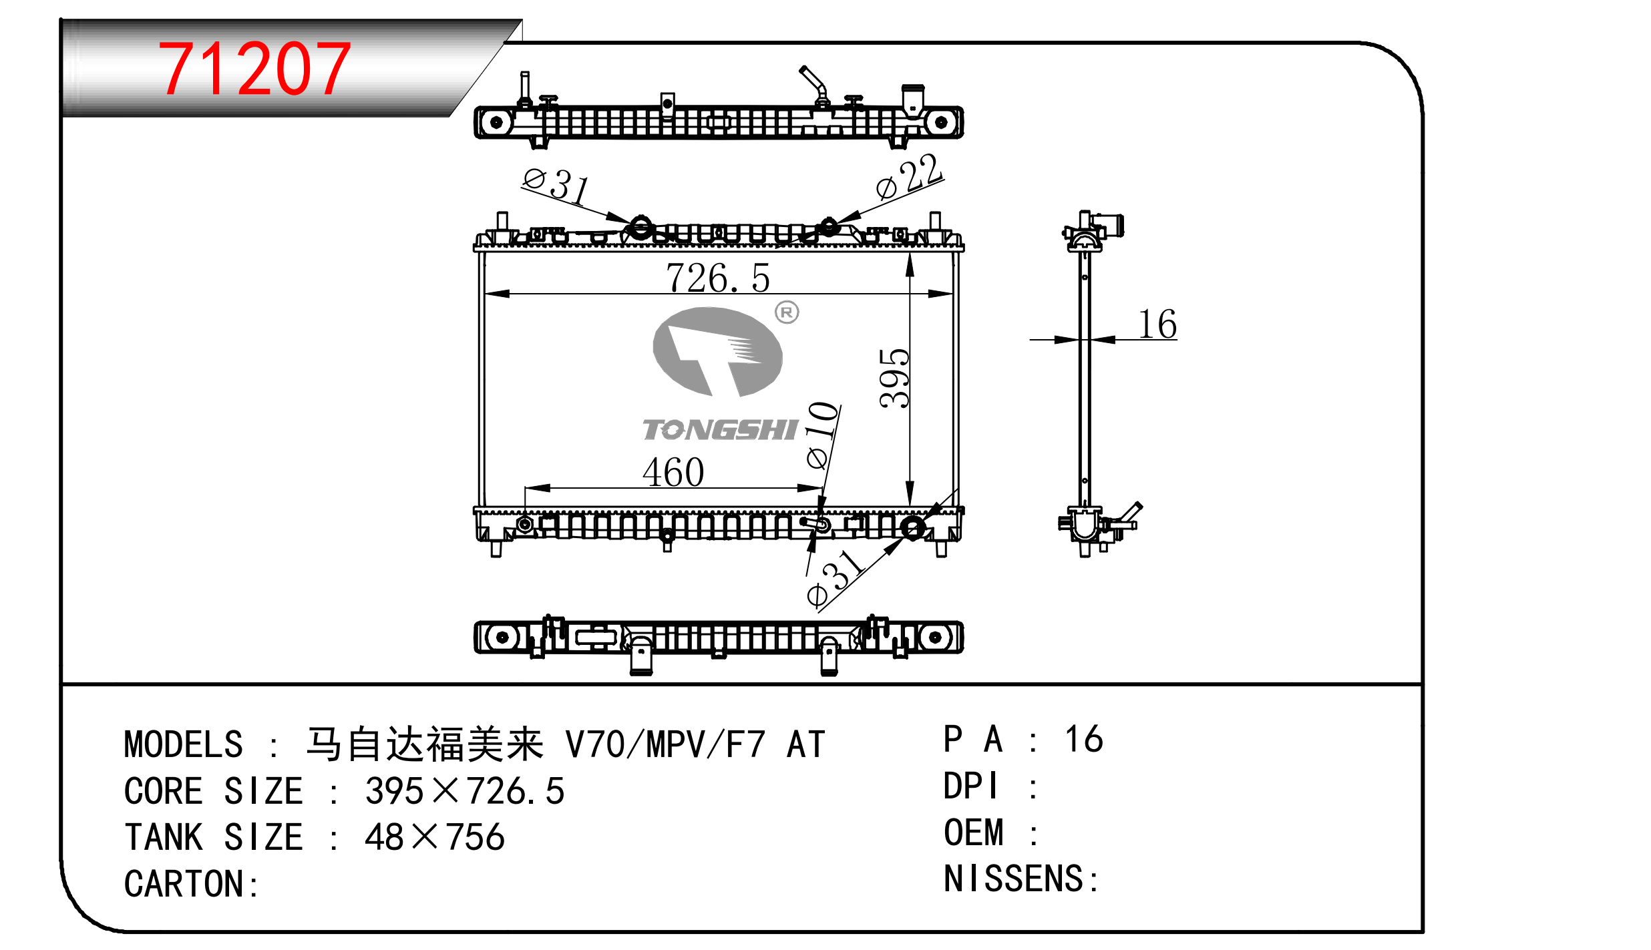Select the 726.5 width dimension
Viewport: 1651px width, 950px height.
(x=718, y=278)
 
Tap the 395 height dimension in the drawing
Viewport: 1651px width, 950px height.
(x=894, y=378)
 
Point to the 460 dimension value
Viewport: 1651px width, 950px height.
(x=673, y=472)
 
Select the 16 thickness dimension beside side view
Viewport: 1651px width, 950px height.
(x=1157, y=324)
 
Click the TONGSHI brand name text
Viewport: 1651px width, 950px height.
(x=721, y=430)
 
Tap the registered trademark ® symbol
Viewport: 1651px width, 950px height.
(x=787, y=312)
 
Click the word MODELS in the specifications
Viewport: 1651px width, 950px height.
(x=184, y=744)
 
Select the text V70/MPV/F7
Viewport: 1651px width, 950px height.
(x=665, y=744)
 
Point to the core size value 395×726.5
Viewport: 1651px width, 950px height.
(x=465, y=791)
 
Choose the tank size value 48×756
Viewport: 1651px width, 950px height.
(x=435, y=837)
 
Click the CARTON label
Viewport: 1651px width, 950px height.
(x=190, y=884)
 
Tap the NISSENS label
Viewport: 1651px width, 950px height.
(x=1020, y=879)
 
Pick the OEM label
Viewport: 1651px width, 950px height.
(x=974, y=833)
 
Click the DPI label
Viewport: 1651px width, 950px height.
(x=970, y=786)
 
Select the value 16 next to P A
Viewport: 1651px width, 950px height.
(x=1083, y=739)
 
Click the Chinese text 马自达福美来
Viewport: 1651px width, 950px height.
(x=425, y=744)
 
